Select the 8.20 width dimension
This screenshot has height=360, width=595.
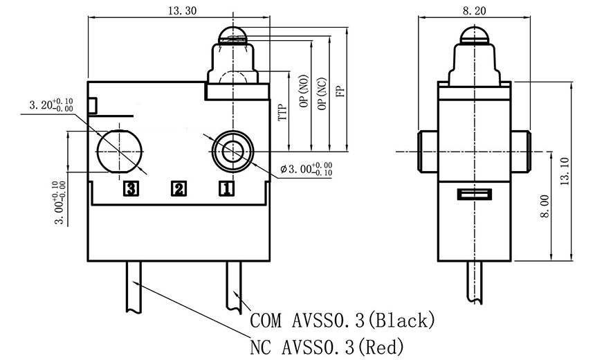point(474,10)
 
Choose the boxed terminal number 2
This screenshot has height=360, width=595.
point(178,188)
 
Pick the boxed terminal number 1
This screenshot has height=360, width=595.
point(226,188)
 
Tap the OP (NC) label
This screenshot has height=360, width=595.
point(320,93)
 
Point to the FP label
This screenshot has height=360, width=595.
point(338,91)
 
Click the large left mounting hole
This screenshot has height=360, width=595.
point(120,150)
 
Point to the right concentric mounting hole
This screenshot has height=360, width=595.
point(231,149)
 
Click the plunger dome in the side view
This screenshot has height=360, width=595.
point(475,32)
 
